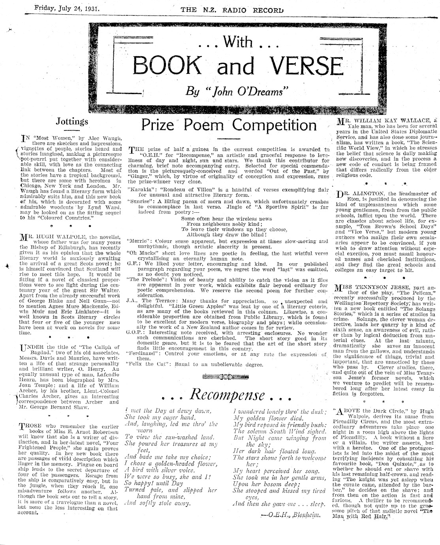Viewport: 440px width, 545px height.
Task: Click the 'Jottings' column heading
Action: [72, 121]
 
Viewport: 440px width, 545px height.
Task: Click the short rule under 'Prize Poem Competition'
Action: [229, 138]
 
